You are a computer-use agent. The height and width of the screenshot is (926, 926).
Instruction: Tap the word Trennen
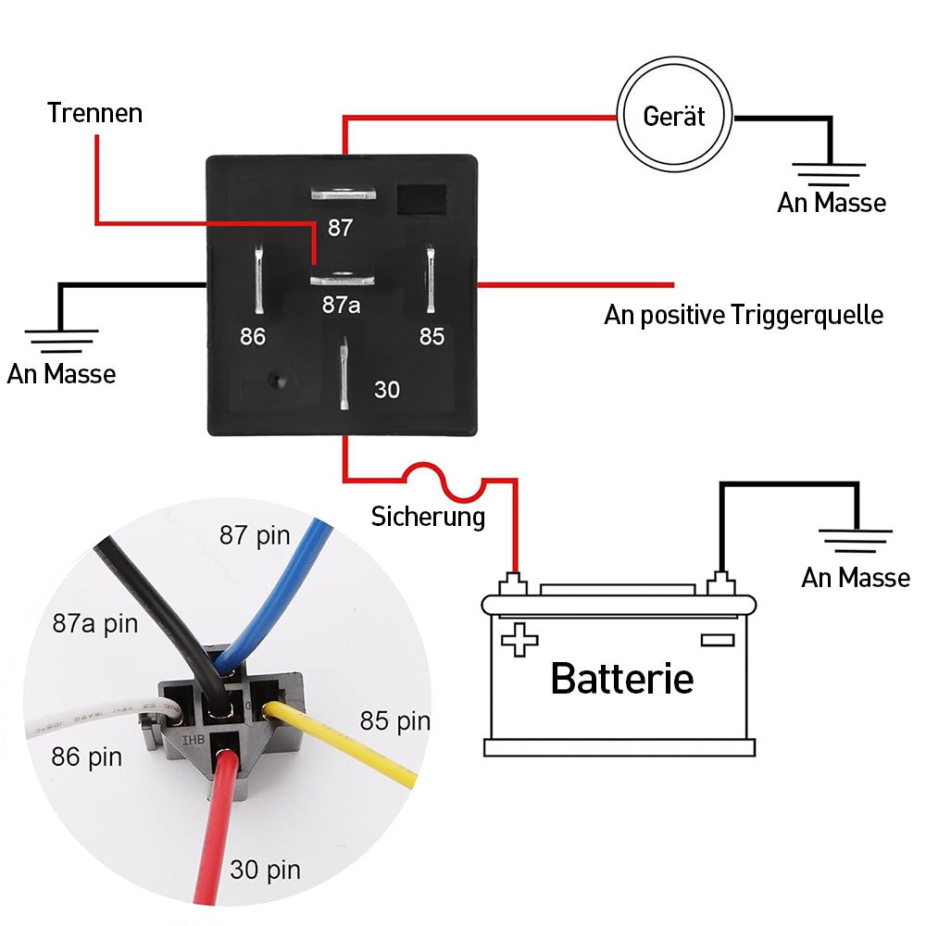(95, 113)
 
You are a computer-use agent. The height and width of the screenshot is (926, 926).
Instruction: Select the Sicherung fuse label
(428, 517)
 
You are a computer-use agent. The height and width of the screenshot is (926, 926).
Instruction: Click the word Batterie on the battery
(622, 679)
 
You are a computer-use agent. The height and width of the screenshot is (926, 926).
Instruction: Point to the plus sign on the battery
(519, 640)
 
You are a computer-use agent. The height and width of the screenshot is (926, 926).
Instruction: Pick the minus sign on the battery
(718, 640)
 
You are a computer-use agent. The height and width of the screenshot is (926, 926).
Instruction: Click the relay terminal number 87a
(341, 305)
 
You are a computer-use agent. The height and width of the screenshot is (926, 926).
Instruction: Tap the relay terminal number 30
(387, 390)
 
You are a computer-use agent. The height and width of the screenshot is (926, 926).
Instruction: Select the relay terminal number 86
(253, 337)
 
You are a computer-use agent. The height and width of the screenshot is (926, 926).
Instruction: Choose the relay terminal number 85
(432, 337)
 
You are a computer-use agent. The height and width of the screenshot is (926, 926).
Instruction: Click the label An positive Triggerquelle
(744, 315)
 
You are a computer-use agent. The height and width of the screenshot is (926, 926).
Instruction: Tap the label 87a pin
(95, 623)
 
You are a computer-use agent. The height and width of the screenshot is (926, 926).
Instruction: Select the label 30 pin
(265, 870)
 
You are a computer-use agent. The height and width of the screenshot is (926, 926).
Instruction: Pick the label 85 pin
(395, 721)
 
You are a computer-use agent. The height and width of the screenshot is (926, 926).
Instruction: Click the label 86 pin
(87, 757)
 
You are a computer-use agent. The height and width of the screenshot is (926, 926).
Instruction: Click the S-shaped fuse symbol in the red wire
(444, 482)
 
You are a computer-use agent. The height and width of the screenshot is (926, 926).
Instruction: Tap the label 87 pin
(256, 535)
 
